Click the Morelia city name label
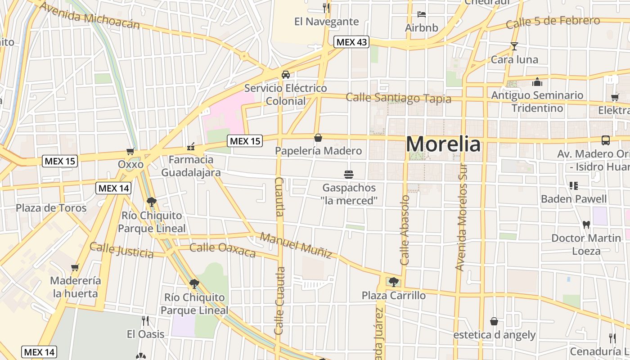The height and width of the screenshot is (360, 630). click(443, 144)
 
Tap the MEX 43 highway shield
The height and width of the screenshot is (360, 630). click(351, 42)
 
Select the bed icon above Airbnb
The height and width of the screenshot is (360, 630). click(421, 14)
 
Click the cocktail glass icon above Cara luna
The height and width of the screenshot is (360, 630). click(514, 46)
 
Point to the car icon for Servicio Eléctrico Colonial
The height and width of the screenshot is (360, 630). click(285, 75)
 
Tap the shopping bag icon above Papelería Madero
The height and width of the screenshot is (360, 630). click(318, 137)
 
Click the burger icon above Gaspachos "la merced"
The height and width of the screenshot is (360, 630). click(349, 174)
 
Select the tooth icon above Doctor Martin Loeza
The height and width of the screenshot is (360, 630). click(586, 224)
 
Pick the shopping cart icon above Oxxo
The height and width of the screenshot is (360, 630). click(130, 151)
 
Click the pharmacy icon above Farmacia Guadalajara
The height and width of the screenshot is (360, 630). click(191, 147)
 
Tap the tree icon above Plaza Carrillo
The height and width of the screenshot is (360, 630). click(394, 282)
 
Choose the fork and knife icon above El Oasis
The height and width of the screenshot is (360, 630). click(145, 321)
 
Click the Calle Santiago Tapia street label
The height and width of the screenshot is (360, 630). click(398, 98)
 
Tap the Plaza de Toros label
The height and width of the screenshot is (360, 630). click(51, 208)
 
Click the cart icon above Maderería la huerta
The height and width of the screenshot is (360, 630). click(75, 267)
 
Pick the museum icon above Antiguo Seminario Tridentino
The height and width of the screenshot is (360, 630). click(537, 82)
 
